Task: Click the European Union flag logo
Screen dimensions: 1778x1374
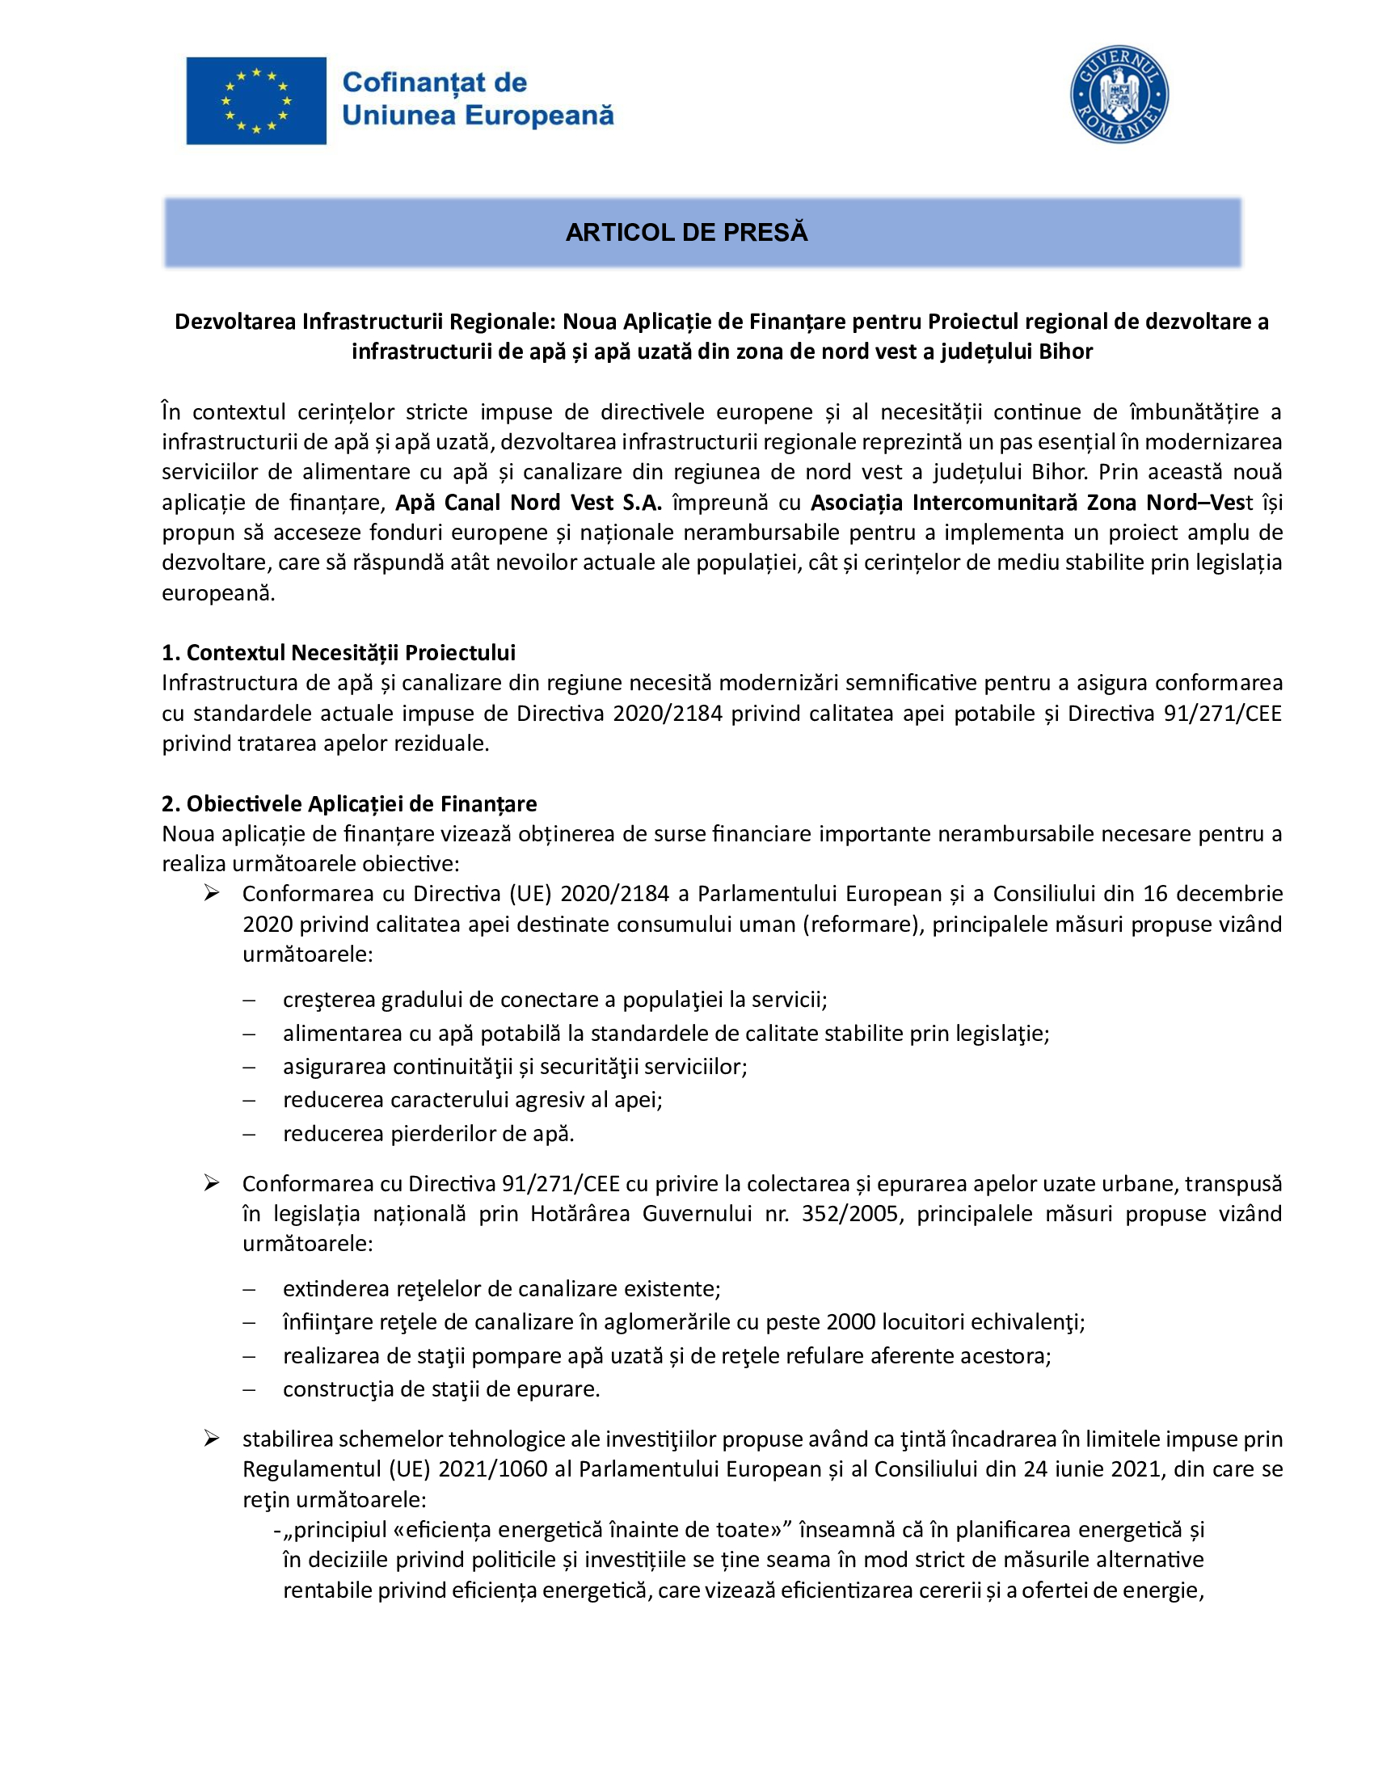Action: click(255, 101)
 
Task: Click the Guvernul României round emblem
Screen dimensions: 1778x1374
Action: click(1119, 95)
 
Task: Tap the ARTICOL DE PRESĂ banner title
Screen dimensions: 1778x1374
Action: click(686, 233)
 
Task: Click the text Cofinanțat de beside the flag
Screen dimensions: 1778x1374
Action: click(435, 82)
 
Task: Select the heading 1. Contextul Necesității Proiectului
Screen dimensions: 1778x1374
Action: click(339, 653)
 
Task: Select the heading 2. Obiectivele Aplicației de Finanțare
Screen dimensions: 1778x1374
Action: click(349, 804)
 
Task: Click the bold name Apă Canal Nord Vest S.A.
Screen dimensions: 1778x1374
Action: click(529, 503)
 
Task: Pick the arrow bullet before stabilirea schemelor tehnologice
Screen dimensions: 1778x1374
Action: click(212, 1439)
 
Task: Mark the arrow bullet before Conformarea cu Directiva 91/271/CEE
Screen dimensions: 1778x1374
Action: click(212, 1184)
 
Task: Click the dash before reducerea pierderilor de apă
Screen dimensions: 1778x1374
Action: click(249, 1134)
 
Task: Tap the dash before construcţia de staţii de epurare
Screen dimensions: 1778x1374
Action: click(249, 1390)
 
